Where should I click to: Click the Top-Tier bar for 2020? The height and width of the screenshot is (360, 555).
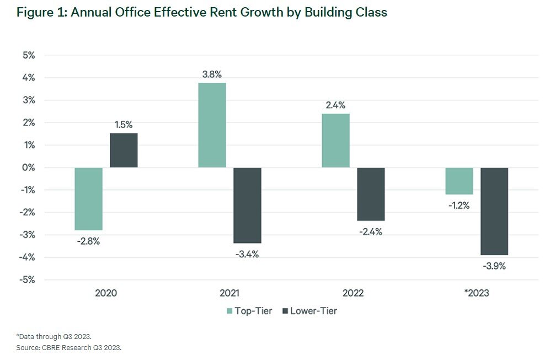pyautogui.click(x=89, y=199)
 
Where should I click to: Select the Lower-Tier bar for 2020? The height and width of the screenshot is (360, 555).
pyautogui.click(x=124, y=150)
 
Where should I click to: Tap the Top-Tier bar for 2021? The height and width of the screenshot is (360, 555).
pyautogui.click(x=212, y=125)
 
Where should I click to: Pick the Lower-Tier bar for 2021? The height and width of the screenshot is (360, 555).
pyautogui.click(x=247, y=205)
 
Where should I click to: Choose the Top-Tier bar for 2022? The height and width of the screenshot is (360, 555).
pyautogui.click(x=336, y=140)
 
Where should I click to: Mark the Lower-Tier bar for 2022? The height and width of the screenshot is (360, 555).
pyautogui.click(x=371, y=194)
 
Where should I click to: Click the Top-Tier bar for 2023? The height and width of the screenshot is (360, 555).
pyautogui.click(x=460, y=181)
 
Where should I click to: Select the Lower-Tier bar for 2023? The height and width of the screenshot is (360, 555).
pyautogui.click(x=494, y=211)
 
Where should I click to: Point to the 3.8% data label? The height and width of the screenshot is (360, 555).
pyautogui.click(x=212, y=74)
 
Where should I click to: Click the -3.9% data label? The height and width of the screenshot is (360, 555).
pyautogui.click(x=494, y=266)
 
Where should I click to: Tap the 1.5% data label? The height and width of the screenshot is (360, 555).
pyautogui.click(x=124, y=124)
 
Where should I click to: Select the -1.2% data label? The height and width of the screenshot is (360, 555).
pyautogui.click(x=459, y=205)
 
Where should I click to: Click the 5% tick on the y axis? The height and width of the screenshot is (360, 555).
pyautogui.click(x=29, y=55)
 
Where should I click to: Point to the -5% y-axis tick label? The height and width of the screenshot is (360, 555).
pyautogui.click(x=28, y=279)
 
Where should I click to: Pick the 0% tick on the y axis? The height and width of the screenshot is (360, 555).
pyautogui.click(x=29, y=167)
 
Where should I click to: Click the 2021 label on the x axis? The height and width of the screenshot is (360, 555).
pyautogui.click(x=230, y=293)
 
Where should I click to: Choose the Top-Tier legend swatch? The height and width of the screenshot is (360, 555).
pyautogui.click(x=230, y=311)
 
